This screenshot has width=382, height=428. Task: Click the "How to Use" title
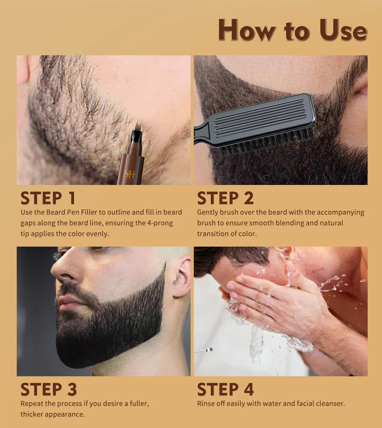coord(292,30)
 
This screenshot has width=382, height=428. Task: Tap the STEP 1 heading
coord(48,198)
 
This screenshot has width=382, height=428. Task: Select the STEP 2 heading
coord(225,198)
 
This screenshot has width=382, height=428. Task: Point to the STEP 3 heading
coord(49,389)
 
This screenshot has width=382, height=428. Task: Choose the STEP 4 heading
coord(225,389)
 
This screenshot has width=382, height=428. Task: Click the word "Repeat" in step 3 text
coord(32,404)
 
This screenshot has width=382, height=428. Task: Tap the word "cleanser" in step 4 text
coord(330,404)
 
